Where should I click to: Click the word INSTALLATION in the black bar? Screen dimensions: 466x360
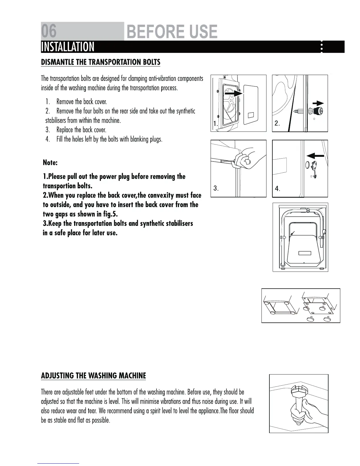(x=68, y=47)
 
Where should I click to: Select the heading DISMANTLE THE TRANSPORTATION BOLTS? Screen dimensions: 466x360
(x=101, y=62)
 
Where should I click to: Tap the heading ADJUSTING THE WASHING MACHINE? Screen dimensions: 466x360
(x=93, y=376)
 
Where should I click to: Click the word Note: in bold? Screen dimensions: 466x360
(x=50, y=163)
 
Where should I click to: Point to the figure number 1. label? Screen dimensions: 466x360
(x=216, y=124)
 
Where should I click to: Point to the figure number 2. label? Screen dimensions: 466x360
(x=277, y=124)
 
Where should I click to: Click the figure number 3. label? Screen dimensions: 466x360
(x=216, y=188)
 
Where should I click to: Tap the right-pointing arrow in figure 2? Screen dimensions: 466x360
(x=318, y=103)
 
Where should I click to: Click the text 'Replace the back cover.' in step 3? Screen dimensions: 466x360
(x=81, y=130)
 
